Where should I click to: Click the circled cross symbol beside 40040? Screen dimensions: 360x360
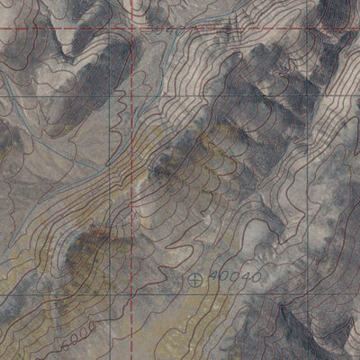coord(198,279)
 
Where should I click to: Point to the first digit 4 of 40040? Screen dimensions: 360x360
coord(212,279)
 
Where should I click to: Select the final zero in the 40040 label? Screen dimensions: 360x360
coord(256,277)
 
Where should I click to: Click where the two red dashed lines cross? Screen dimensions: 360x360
coord(136,29)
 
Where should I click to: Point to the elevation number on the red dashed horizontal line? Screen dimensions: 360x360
coord(166,29)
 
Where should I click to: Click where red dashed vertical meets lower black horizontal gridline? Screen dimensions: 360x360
coord(134,294)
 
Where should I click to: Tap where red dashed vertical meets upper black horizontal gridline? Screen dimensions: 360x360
coord(136,94)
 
